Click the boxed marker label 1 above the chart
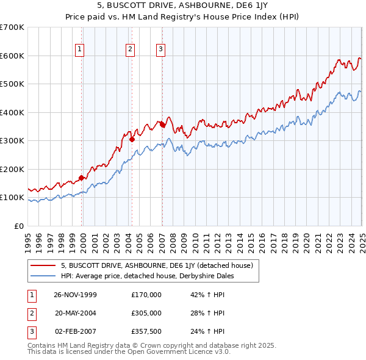(81, 50)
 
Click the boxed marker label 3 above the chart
(160, 50)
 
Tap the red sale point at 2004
(132, 139)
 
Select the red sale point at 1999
(82, 178)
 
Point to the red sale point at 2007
(162, 124)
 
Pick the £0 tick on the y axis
(19, 226)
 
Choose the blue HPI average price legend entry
(147, 276)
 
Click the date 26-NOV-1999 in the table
(75, 295)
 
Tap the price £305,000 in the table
(146, 313)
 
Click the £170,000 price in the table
(146, 295)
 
